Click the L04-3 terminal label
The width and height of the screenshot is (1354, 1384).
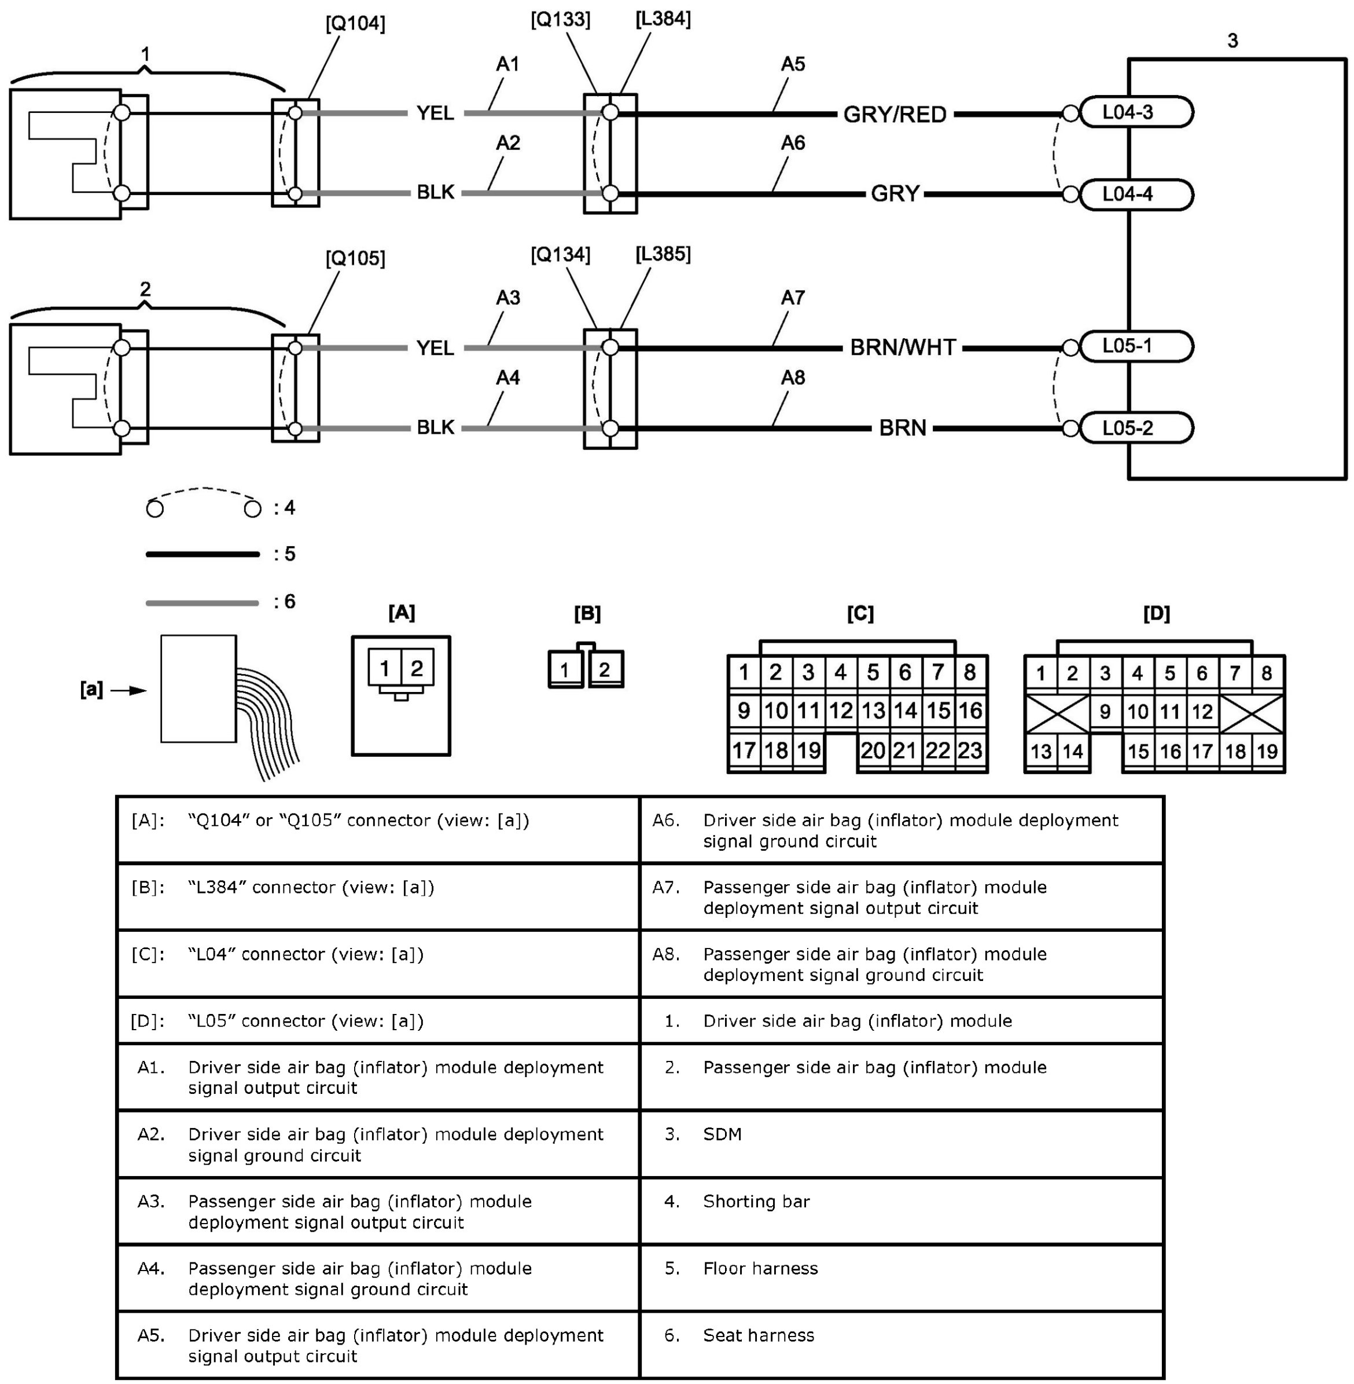1128,112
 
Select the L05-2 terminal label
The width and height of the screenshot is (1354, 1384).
1128,429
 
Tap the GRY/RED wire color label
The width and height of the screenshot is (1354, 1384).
895,115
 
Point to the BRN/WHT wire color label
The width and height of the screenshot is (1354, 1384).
903,348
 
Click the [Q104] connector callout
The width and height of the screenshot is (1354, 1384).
355,24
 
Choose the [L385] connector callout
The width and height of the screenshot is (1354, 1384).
663,254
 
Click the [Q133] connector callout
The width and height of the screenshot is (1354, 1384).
560,20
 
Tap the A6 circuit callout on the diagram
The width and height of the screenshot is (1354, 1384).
793,143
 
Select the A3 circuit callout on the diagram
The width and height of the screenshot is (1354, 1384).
508,298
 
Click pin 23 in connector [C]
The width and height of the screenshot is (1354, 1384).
970,750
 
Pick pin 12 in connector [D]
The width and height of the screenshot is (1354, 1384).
1202,712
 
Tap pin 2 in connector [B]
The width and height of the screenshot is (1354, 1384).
605,669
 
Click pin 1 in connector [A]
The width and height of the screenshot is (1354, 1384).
384,669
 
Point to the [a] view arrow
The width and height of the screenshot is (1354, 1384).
128,690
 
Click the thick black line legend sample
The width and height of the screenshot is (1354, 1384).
203,554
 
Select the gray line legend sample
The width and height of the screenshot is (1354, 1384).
203,603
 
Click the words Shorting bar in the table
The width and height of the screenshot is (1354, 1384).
756,1201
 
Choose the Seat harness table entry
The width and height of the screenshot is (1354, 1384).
758,1335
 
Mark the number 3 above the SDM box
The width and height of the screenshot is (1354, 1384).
1232,41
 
